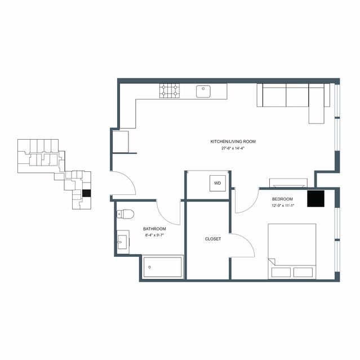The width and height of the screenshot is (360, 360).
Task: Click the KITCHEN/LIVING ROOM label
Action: pos(233,141)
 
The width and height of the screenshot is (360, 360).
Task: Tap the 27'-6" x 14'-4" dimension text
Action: pos(233,148)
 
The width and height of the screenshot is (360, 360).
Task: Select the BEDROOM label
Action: pos(282,199)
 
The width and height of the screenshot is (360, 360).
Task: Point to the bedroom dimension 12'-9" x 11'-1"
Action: pos(283,206)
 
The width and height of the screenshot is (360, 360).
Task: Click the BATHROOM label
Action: pos(154,229)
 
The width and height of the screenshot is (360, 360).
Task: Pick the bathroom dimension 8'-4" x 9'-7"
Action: pos(154,235)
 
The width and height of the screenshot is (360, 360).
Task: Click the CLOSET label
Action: pos(213,239)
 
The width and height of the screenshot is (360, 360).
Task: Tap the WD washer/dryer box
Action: pos(217,183)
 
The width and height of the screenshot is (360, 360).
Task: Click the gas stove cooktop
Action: pos(170,91)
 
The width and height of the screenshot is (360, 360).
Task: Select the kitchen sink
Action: pos(203,91)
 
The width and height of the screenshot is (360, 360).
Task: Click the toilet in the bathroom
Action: pos(125,214)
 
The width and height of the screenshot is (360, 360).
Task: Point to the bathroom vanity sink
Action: pos(123,242)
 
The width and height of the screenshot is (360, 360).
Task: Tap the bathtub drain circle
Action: pos(149,267)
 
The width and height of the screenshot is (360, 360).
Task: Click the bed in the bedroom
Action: pos(292,251)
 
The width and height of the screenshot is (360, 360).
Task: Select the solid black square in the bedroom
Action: pos(315,199)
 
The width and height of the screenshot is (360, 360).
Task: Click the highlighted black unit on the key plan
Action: pos(87,193)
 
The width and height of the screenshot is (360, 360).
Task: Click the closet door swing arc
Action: pos(248,241)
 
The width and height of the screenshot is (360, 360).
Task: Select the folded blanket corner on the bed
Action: pos(272,262)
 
